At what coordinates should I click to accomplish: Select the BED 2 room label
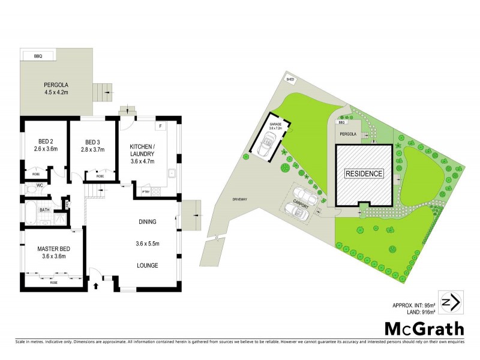pos(44,144)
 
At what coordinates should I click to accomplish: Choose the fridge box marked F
pos(160,127)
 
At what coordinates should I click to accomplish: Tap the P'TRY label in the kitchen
pos(145,191)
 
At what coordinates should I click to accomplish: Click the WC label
pos(40,186)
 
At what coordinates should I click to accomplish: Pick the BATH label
pos(44,210)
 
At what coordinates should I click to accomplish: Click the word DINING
pos(148,222)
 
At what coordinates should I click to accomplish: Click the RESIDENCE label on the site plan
pos(364,174)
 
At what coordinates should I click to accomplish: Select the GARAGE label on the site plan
pos(275,124)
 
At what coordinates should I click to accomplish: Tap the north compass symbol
pos(450,301)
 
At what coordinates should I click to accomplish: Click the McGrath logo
pos(424,329)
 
